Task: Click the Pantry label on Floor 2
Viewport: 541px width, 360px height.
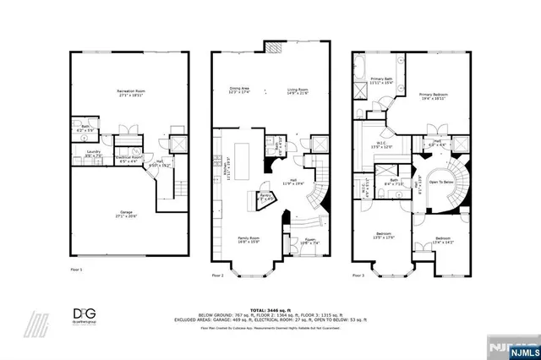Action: pos(266,197)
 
